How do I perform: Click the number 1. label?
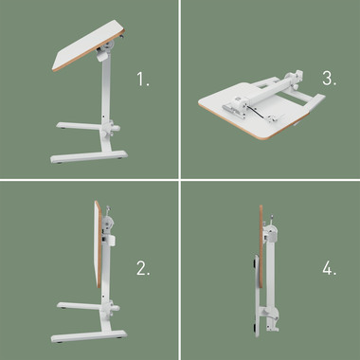(x=143, y=81)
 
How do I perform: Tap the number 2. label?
(x=143, y=268)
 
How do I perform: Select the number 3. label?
(x=329, y=80)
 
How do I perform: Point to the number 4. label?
(x=329, y=268)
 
